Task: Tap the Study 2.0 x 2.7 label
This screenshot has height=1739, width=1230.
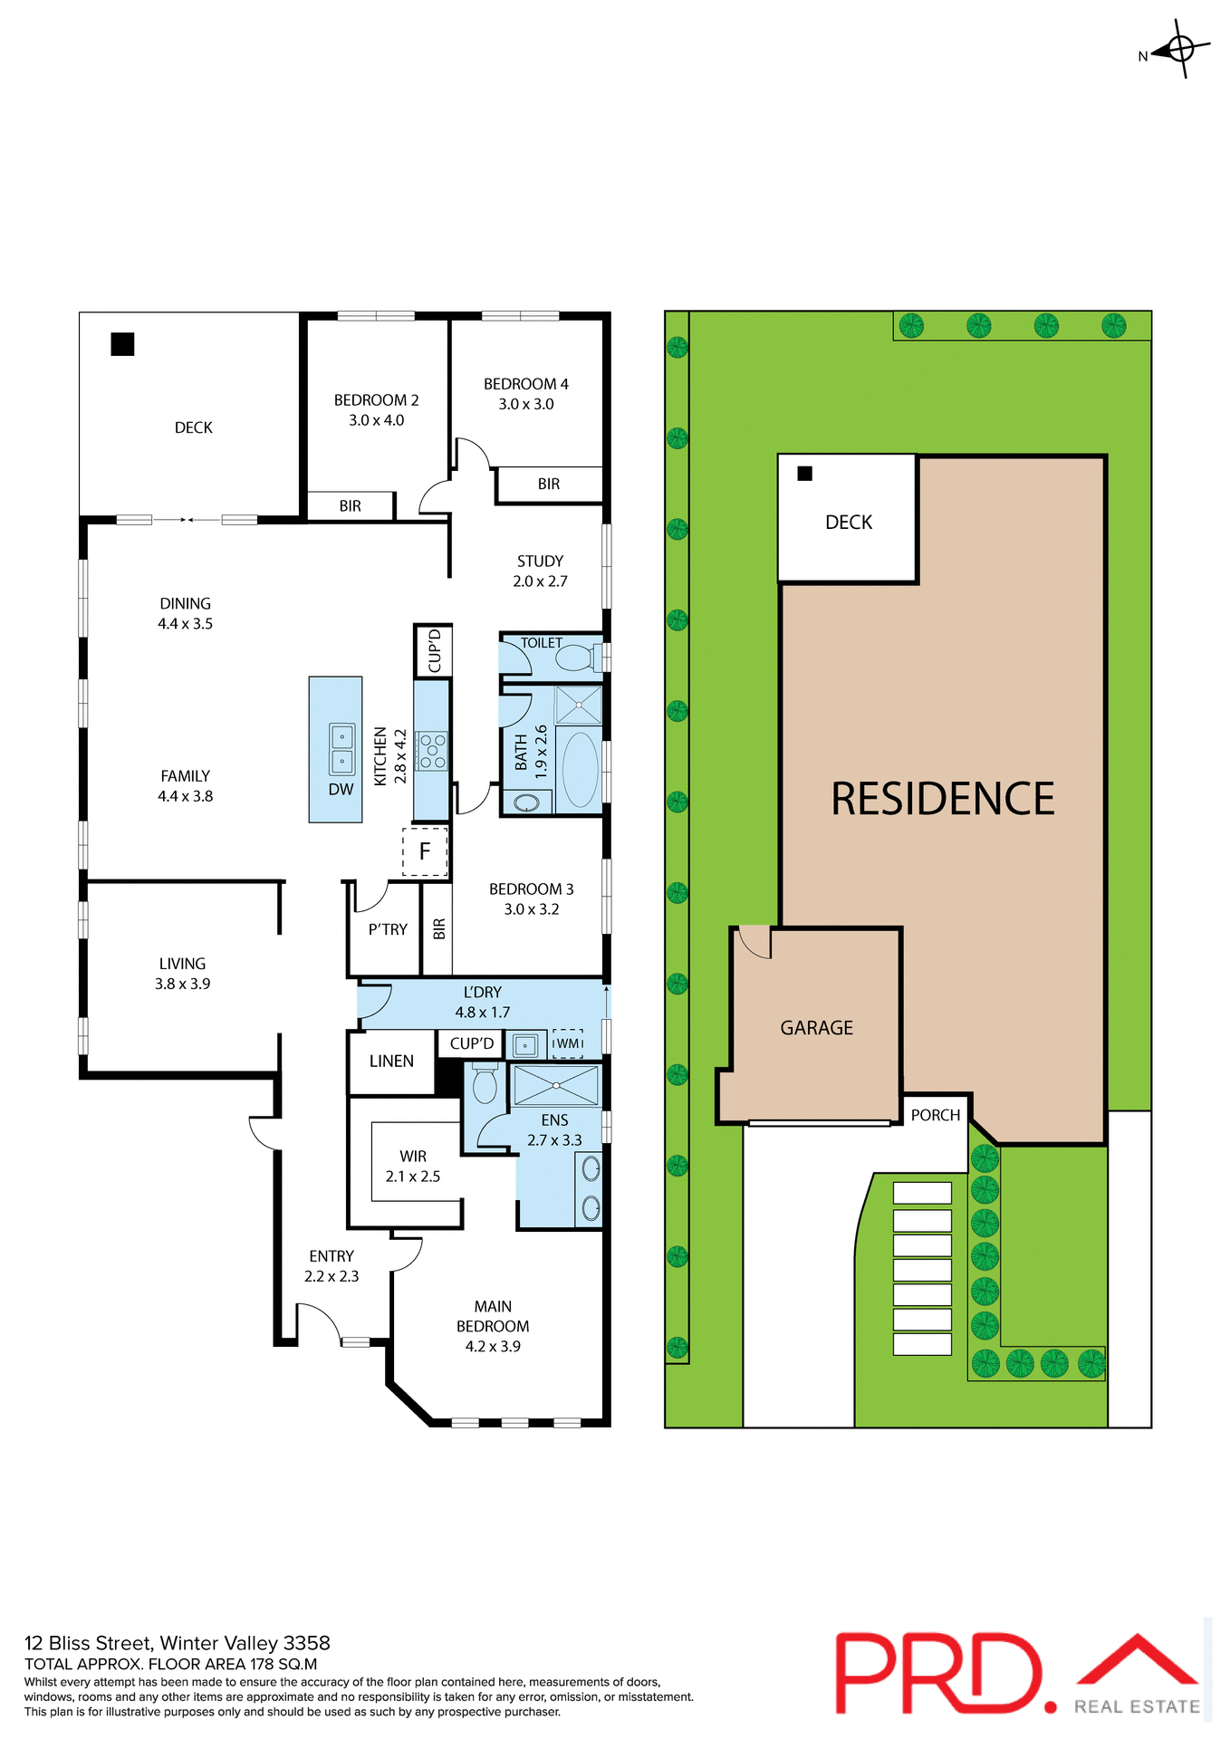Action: tap(540, 572)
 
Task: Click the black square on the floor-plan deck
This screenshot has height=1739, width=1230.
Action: tap(122, 344)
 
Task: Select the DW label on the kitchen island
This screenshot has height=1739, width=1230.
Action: tap(341, 790)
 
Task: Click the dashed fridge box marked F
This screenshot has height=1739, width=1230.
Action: tap(425, 851)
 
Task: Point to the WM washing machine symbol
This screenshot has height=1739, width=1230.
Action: tap(568, 1043)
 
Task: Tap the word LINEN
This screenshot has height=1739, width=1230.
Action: tap(391, 1062)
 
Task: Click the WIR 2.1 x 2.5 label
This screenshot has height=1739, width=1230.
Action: tap(413, 1167)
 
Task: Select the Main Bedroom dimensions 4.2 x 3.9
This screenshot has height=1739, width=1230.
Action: tap(493, 1347)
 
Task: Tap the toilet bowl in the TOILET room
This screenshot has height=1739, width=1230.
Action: tap(576, 658)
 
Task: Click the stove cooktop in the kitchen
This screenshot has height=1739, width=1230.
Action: tap(432, 751)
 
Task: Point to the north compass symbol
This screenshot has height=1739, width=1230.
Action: tap(1179, 48)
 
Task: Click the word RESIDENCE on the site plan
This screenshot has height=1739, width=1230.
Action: tap(942, 800)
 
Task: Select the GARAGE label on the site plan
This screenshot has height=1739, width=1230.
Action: tap(816, 1028)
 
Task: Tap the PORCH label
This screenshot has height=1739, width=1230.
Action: tap(935, 1115)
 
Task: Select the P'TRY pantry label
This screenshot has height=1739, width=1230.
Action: tap(388, 929)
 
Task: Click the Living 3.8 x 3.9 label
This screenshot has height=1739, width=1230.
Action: tap(182, 974)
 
